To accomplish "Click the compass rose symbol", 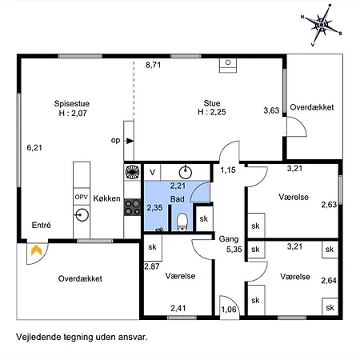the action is tap(322, 25).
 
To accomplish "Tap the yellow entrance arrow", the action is tap(37, 250).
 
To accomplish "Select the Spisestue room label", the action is tap(72, 103).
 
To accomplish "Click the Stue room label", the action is tap(212, 103).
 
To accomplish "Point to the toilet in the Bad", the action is tap(182, 222).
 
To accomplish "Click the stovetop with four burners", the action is tap(132, 207).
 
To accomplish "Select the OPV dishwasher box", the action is tap(82, 197).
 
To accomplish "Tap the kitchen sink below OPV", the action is tap(82, 214).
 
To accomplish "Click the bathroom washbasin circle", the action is tap(186, 172).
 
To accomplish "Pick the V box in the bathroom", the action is tap(152, 172).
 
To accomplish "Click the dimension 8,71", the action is tap(153, 65).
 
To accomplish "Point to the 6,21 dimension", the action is tap(34, 147).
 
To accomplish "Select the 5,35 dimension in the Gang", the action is tap(234, 250).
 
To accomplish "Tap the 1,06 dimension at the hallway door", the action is tap(229, 310).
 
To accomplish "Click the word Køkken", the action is tap(106, 198).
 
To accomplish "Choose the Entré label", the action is tap(42, 225).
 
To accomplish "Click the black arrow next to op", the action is tap(130, 141).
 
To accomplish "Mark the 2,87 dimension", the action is tap(152, 266).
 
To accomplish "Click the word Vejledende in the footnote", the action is tap(38, 337).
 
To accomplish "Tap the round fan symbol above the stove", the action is tap(132, 172).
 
